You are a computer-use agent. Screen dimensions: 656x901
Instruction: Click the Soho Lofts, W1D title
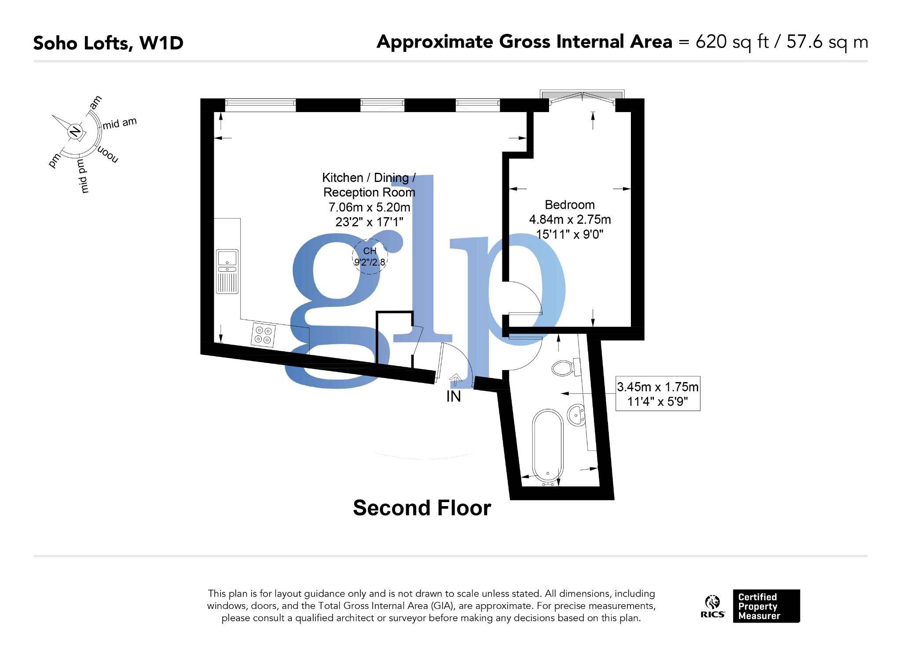108,43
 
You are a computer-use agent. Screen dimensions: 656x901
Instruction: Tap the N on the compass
75,131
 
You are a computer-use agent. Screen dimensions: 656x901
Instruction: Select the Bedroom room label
569,205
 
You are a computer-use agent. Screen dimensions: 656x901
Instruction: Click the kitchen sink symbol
227,271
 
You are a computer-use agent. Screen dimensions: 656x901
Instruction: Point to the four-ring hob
263,335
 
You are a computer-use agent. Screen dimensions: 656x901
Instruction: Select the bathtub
547,446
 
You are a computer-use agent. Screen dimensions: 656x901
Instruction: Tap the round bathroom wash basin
576,415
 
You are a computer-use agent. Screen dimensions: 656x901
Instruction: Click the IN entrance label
454,397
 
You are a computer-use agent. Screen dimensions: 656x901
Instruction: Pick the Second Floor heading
421,508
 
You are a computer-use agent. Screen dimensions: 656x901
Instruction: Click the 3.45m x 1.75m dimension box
657,394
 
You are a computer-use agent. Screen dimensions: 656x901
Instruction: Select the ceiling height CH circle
370,257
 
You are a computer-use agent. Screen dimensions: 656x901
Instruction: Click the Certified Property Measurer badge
766,606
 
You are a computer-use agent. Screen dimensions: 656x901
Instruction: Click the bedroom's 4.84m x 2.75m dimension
570,219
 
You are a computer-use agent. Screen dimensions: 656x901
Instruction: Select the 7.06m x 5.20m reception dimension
369,207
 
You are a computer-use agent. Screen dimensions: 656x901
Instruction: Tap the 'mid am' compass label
120,123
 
